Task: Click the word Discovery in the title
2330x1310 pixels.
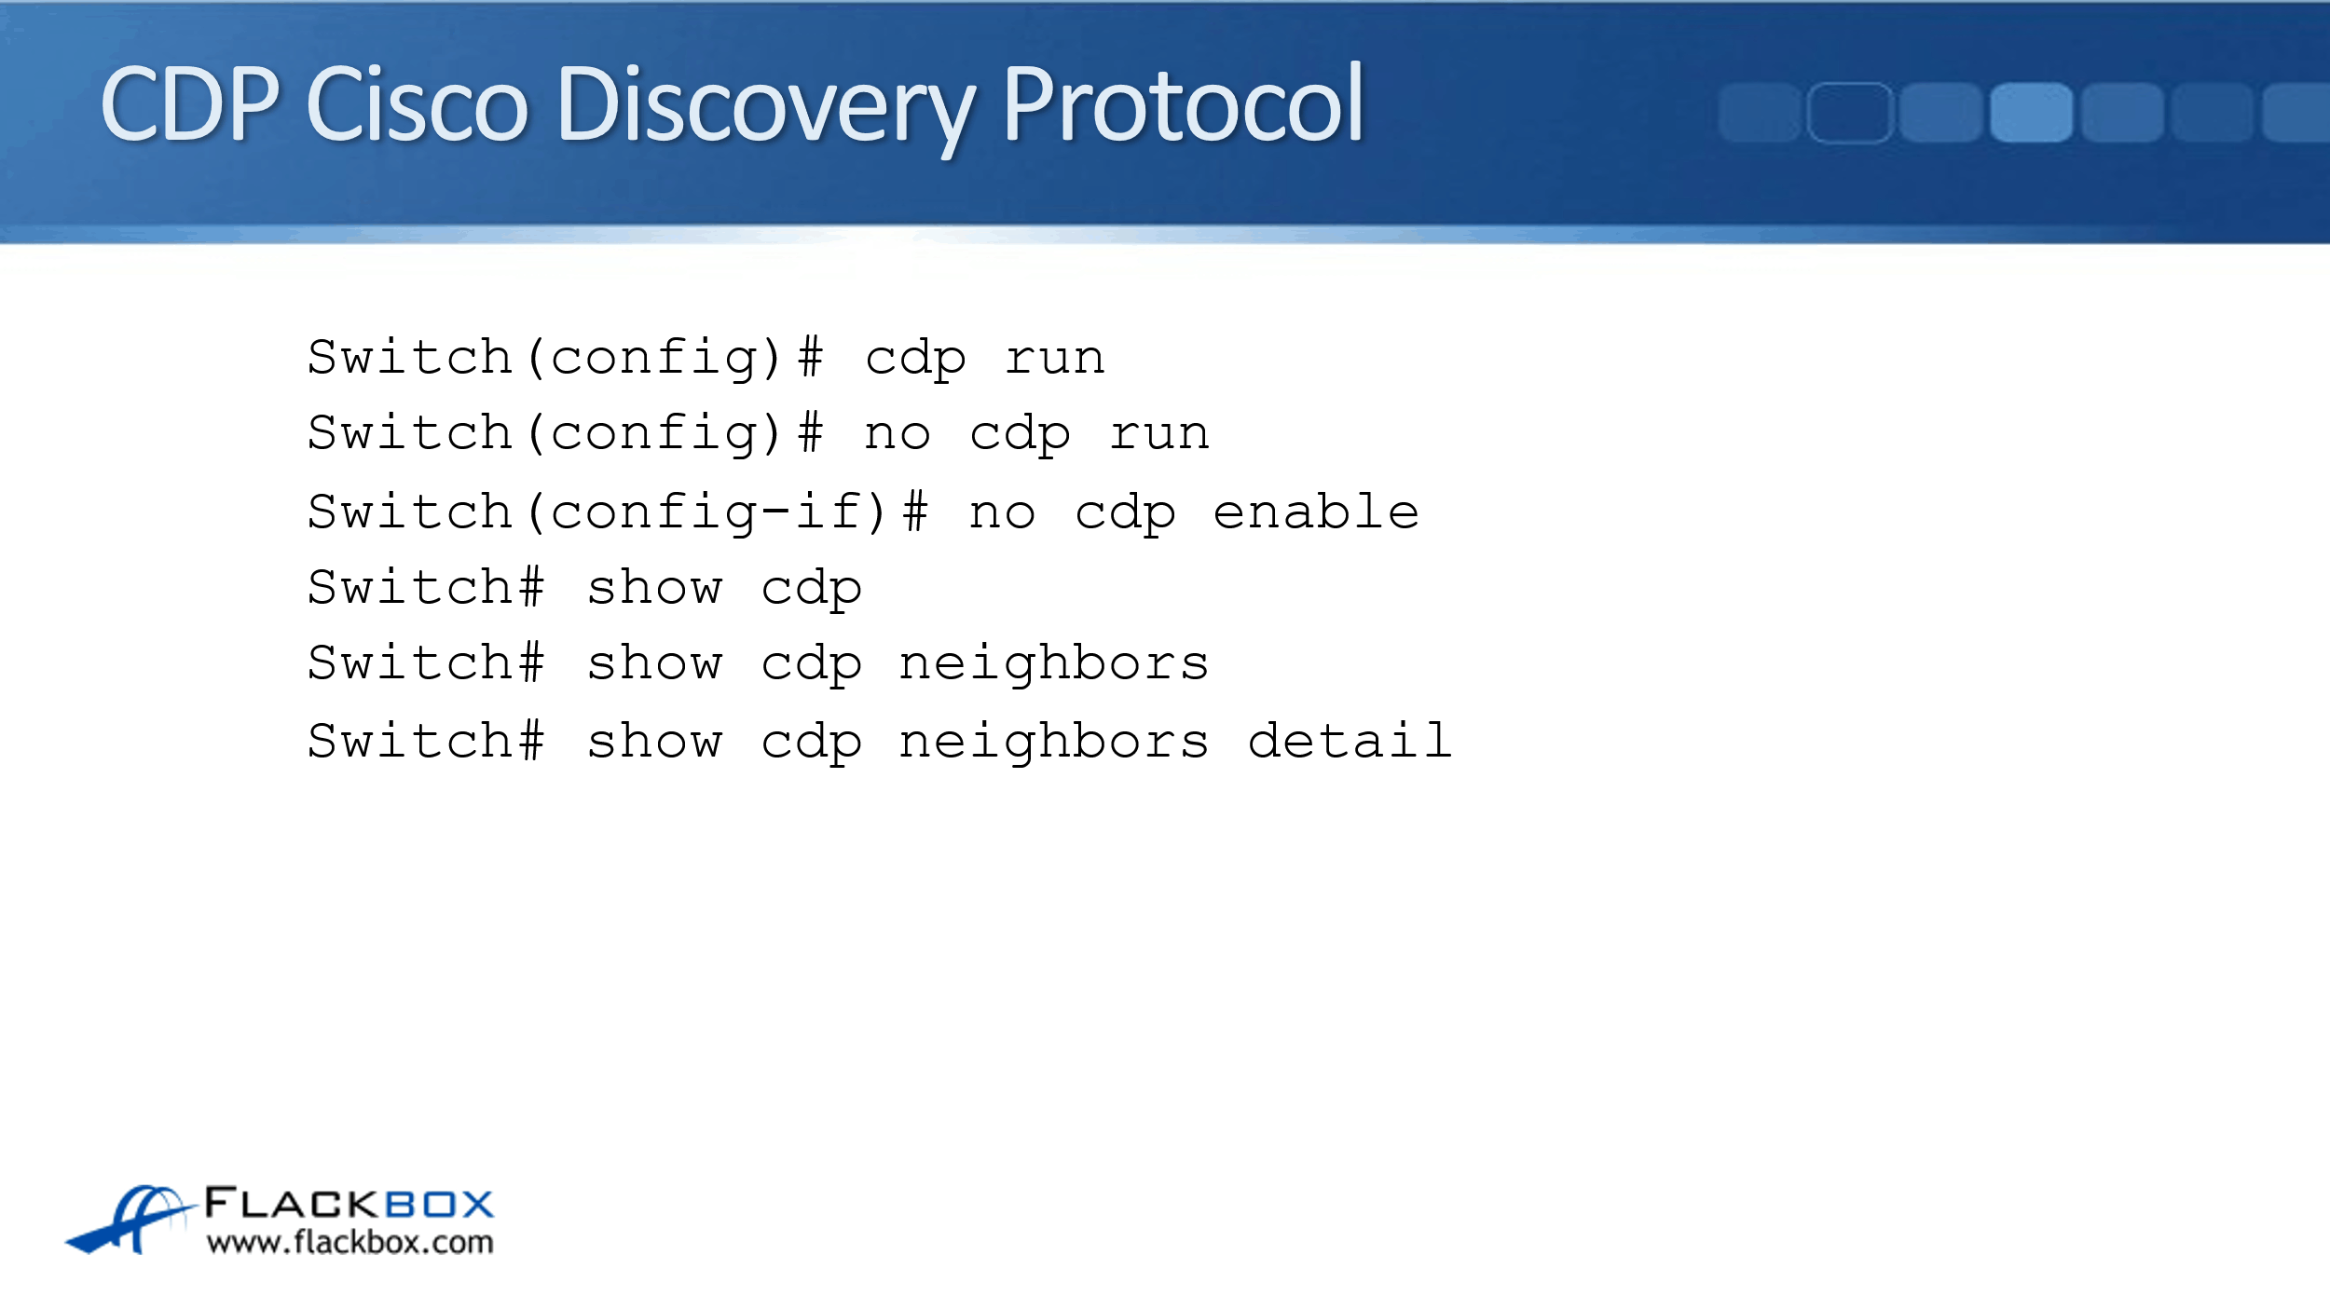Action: (x=767, y=107)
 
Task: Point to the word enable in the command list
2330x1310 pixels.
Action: (x=1316, y=512)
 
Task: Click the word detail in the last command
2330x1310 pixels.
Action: (x=1350, y=741)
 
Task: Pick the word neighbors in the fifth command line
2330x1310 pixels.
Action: (x=1054, y=664)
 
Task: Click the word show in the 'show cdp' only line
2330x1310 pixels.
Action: (x=654, y=588)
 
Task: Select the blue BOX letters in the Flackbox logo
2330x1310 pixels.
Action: (x=439, y=1204)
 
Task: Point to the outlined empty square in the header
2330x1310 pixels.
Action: (x=1850, y=113)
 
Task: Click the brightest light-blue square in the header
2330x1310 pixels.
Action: (x=2031, y=112)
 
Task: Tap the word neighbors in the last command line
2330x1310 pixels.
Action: (x=1054, y=743)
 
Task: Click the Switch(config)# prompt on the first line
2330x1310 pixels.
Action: (x=566, y=359)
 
